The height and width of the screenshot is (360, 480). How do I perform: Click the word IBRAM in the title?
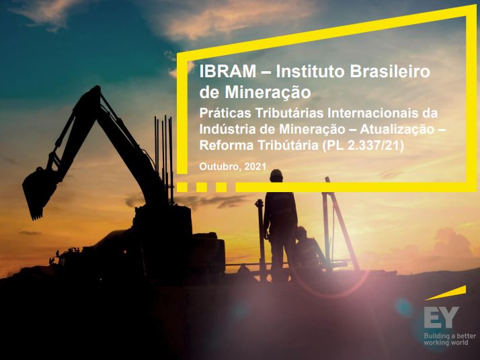[228, 71]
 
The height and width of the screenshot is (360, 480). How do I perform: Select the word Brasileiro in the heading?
[390, 71]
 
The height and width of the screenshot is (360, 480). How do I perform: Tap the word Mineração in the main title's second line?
[268, 92]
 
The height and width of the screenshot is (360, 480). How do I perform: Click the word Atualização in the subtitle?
[397, 130]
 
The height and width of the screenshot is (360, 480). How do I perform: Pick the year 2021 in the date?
[255, 167]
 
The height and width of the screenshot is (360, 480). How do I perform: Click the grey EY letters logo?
[442, 317]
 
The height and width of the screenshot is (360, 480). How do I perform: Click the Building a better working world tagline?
[450, 339]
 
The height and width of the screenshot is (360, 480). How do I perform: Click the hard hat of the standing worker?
[276, 175]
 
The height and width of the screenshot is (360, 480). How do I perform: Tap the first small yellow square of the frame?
[182, 187]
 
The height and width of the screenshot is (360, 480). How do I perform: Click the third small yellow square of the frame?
[221, 187]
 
